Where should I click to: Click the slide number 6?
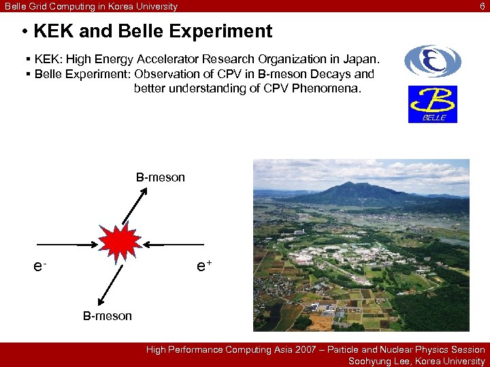coord(483,6)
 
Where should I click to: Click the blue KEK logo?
coord(432,61)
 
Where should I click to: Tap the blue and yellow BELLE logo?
coord(432,104)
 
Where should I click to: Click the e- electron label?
coord(41,266)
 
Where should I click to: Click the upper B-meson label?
coord(160,178)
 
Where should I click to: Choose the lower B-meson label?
coord(108,316)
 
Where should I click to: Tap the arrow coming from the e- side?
coord(70,244)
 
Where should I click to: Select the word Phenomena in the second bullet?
coord(331,88)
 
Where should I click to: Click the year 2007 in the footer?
coord(304,349)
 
